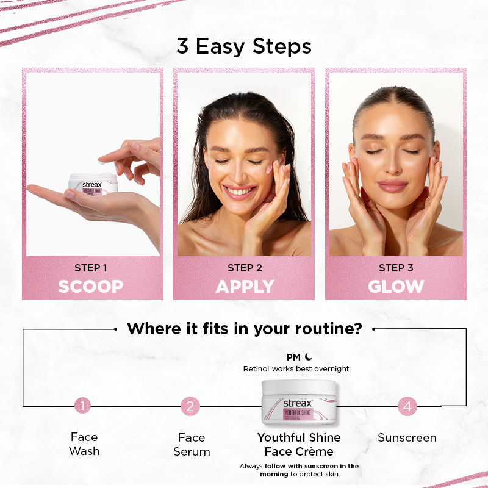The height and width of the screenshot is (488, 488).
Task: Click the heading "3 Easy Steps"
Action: (244, 46)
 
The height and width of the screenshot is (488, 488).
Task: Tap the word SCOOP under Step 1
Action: (91, 286)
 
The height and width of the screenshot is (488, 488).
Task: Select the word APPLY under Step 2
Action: (245, 286)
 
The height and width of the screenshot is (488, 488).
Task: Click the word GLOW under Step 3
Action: (396, 286)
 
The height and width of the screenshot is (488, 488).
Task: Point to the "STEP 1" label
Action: (91, 268)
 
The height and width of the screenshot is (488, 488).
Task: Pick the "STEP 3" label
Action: (396, 268)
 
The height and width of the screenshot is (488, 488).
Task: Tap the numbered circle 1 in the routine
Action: (83, 405)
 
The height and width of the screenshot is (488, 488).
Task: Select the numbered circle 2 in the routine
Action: (190, 405)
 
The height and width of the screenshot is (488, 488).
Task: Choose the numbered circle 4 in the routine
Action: (407, 405)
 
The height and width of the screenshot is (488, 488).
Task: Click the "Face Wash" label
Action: (84, 444)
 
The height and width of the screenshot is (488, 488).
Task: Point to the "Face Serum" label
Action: (192, 444)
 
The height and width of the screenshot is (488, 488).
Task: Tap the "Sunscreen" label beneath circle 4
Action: (407, 438)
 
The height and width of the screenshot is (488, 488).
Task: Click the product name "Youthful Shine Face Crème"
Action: (299, 444)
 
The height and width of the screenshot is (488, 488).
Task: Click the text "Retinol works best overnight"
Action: (296, 369)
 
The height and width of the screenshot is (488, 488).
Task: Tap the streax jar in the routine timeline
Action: (299, 403)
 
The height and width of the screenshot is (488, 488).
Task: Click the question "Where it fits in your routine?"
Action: (244, 329)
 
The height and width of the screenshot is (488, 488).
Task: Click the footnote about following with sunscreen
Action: (299, 470)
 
